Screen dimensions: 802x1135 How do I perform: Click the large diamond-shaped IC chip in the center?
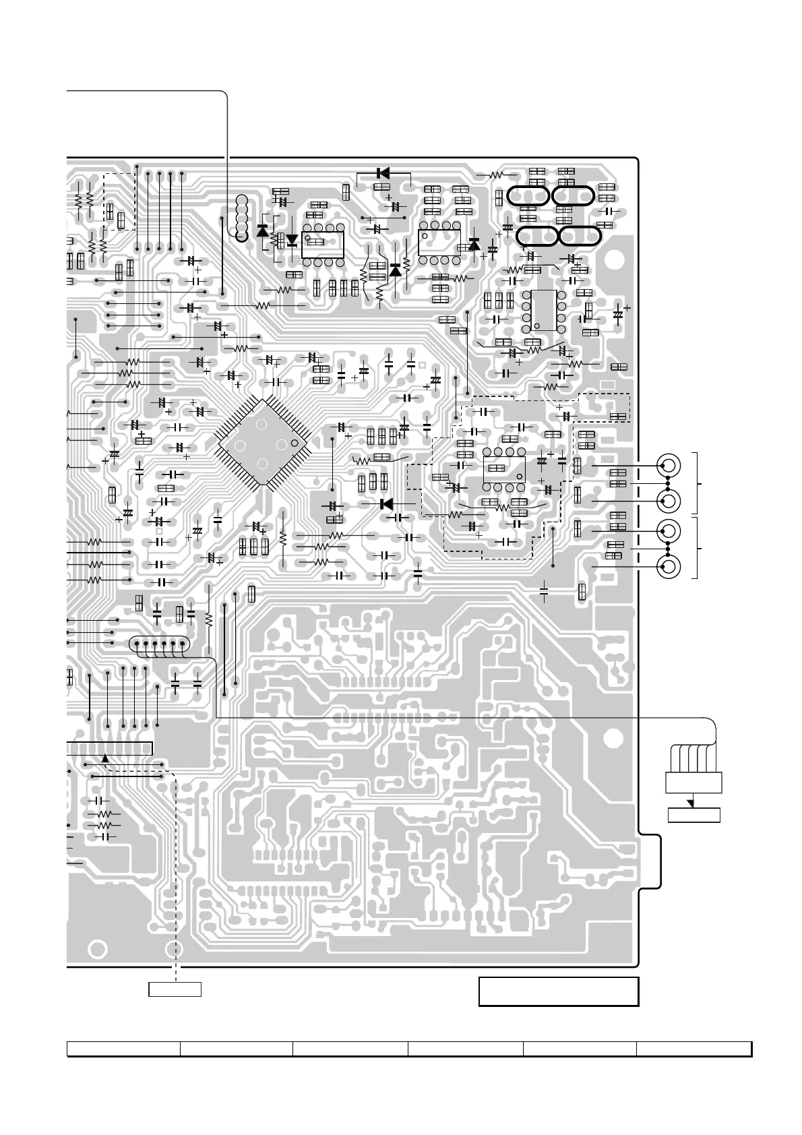261,443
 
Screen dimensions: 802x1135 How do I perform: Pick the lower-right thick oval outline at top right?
580,237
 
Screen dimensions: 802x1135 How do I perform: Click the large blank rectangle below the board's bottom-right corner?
558,991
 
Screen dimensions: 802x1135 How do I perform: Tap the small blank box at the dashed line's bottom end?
175,989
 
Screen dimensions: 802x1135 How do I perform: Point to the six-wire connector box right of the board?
693,783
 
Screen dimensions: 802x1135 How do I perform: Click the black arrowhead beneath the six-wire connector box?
690,803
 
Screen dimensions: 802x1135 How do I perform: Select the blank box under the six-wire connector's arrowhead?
693,815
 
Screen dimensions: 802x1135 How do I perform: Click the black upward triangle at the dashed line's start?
105,758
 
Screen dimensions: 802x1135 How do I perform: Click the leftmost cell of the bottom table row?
123,1049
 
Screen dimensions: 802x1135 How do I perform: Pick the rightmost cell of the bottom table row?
694,1049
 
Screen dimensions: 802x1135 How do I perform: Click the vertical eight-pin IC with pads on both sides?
543,310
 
